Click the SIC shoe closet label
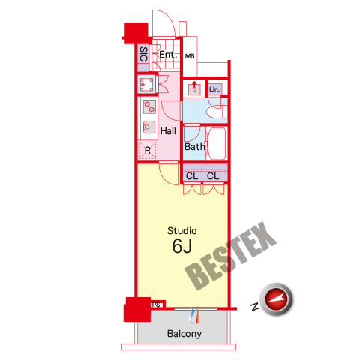[x=143, y=54]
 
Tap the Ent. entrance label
[x=168, y=55]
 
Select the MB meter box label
[x=190, y=56]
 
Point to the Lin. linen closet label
[x=214, y=89]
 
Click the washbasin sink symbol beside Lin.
[x=194, y=88]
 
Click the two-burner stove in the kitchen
[x=149, y=106]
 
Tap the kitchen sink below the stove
[x=149, y=127]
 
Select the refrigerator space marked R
[x=147, y=150]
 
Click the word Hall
[x=168, y=131]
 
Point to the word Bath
[x=195, y=147]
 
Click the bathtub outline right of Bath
[x=217, y=143]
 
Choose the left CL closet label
[x=192, y=176]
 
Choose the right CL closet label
[x=213, y=176]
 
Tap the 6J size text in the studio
[x=182, y=246]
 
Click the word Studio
[x=182, y=231]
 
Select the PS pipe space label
[x=156, y=304]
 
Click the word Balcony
[x=184, y=334]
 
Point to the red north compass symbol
[x=276, y=298]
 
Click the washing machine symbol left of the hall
[x=146, y=85]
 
